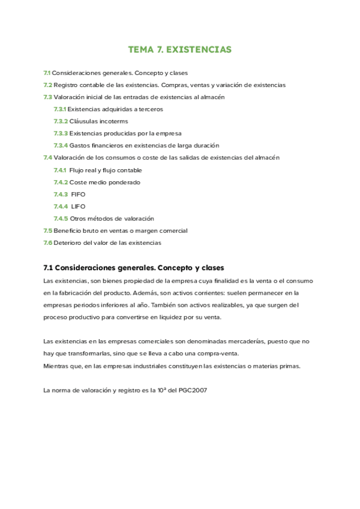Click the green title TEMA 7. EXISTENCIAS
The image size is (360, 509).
(179, 49)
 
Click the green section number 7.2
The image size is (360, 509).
(47, 85)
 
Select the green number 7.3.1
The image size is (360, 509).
(59, 109)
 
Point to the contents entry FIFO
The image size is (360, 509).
(79, 194)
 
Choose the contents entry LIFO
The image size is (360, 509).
(79, 206)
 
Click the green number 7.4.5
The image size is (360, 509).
(61, 218)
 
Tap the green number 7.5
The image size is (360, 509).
(47, 230)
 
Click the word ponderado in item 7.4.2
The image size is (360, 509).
(125, 182)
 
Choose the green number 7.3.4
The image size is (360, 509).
(61, 145)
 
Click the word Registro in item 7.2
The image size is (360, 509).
(67, 85)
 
